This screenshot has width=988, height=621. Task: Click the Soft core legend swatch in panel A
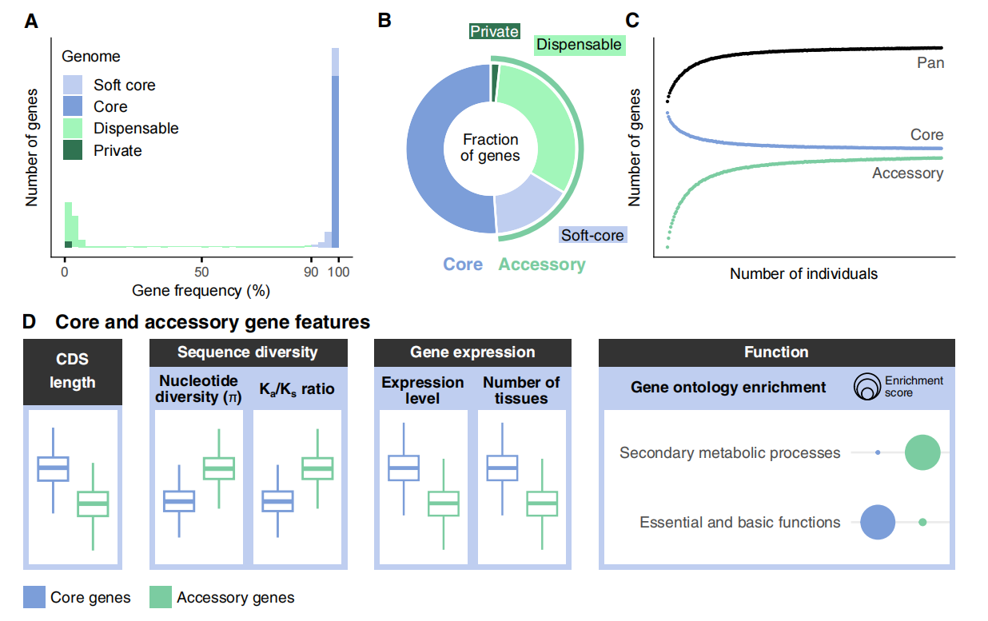pos(74,85)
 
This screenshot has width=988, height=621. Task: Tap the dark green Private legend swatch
pos(74,150)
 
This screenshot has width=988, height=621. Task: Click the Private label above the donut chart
pos(494,32)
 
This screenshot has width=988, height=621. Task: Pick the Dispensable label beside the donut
pos(579,46)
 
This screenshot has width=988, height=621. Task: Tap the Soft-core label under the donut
pos(592,235)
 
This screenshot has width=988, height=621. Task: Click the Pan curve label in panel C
pos(930,63)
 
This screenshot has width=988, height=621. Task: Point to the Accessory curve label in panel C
pos(907,173)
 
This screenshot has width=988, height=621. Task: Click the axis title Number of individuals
pos(803,274)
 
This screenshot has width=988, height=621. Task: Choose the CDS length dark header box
pos(73,372)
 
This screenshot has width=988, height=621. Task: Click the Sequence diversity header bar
pos(247,352)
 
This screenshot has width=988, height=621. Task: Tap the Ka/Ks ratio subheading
pos(297,390)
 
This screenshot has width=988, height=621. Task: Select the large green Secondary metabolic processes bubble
pos(922,452)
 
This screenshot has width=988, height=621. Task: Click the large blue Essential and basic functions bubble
pos(877,523)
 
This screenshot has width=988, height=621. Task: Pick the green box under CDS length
pos(93,504)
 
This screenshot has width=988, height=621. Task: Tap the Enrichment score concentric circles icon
pos(866,386)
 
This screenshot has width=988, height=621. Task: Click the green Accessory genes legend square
pos(161,597)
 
